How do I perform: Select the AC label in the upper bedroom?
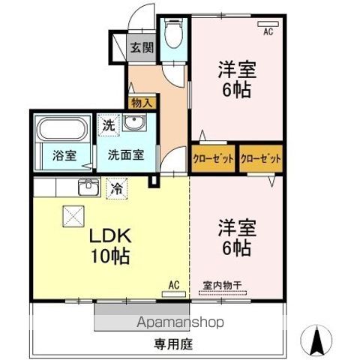coord(268,31)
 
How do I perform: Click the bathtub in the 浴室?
coord(63,130)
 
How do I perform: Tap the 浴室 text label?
coord(64,156)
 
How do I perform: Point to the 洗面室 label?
coord(125,156)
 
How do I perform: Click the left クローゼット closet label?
coord(212,158)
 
